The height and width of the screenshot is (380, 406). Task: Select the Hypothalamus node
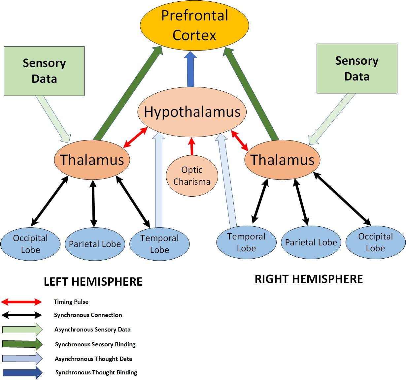[x=192, y=112]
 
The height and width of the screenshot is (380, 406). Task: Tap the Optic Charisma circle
[x=192, y=176]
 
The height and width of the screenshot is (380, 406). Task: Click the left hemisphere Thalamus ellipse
[x=92, y=160]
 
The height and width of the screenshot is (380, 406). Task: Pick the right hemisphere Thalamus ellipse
[x=282, y=160]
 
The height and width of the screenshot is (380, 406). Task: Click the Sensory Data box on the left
[x=44, y=71]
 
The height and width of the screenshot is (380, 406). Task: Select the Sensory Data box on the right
[x=357, y=69]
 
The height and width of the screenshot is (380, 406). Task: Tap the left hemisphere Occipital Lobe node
[x=30, y=244]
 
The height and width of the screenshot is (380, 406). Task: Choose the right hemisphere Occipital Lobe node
[x=375, y=242]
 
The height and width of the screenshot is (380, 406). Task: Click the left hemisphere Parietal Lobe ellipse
[x=95, y=244]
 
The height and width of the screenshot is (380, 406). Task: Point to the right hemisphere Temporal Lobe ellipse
[x=246, y=242]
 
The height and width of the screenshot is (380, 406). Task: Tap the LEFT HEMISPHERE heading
[x=93, y=282]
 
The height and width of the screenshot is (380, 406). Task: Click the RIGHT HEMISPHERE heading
[x=309, y=279]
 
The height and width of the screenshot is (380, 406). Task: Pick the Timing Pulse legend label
[x=71, y=302]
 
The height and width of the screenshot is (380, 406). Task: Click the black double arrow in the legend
[x=22, y=315]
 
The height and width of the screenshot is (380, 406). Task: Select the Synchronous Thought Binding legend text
[x=96, y=372]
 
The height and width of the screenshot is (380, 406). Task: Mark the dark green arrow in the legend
[x=22, y=344]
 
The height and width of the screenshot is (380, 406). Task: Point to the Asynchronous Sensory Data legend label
[x=92, y=330]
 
